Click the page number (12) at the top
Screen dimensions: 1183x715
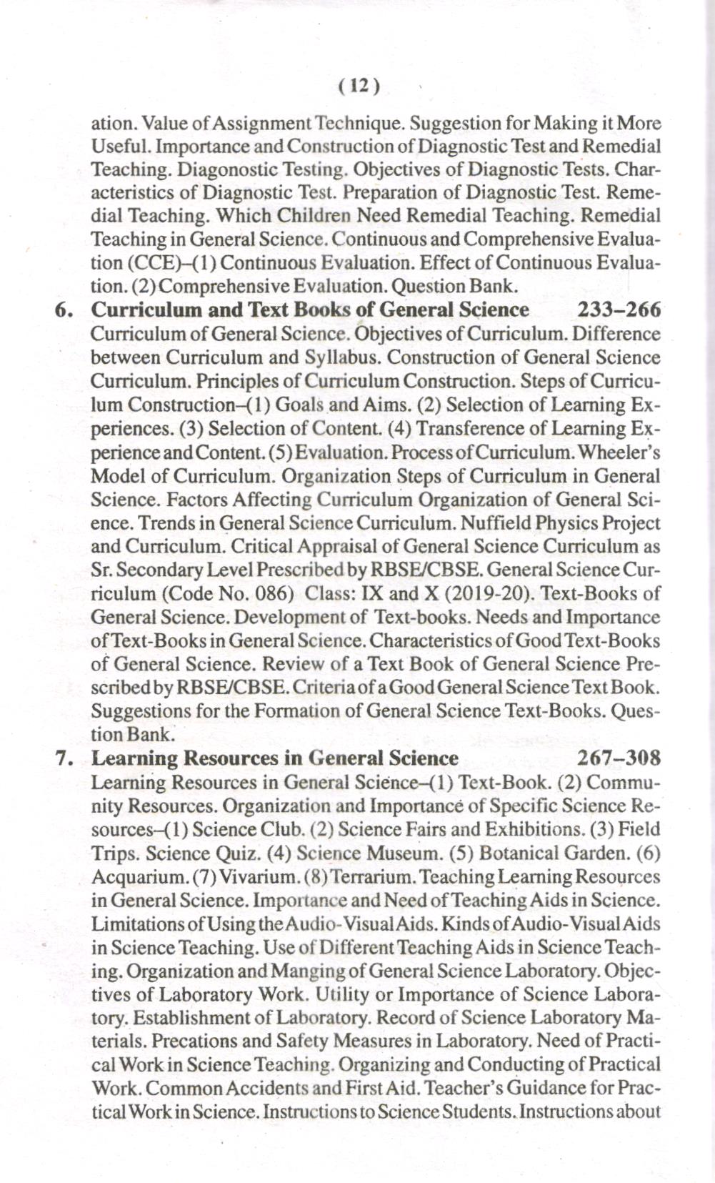click(359, 86)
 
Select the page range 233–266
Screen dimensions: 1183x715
click(618, 310)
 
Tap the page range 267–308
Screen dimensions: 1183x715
click(618, 758)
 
